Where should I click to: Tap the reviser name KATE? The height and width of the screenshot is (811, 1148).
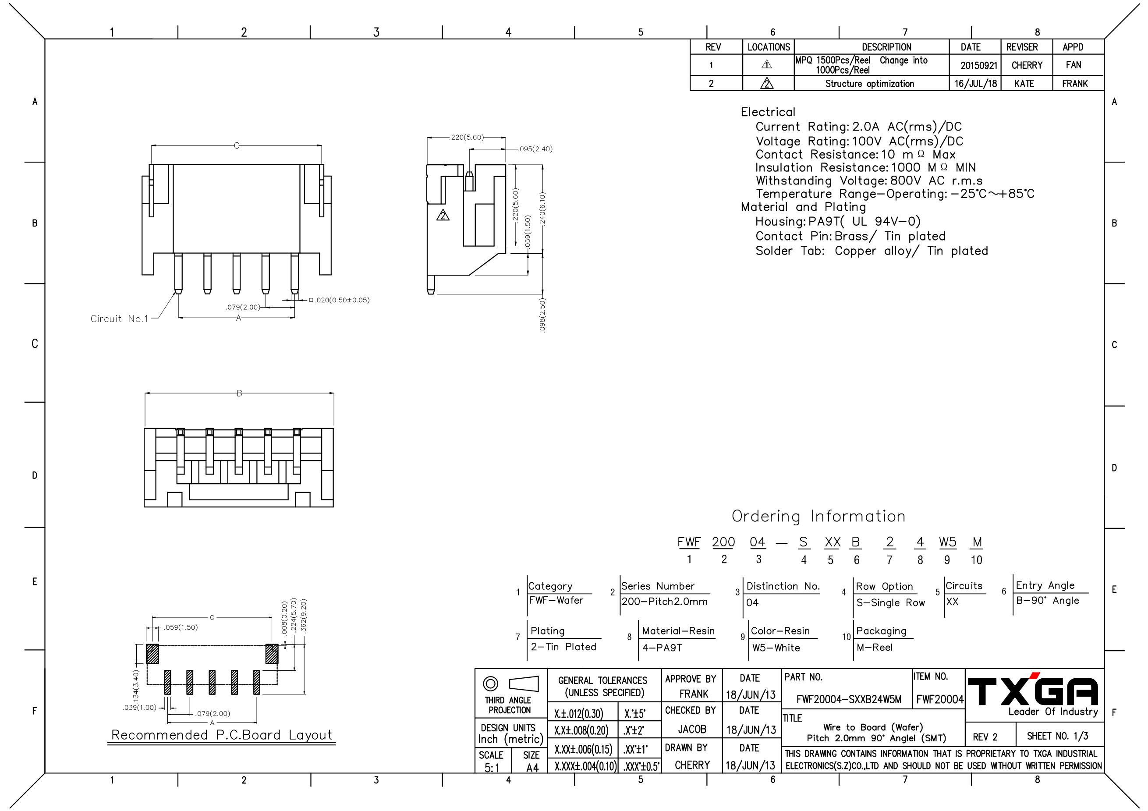coord(1024,84)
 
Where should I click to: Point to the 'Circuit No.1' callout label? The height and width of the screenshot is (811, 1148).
coord(120,319)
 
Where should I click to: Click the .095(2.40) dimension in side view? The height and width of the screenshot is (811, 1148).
coord(535,149)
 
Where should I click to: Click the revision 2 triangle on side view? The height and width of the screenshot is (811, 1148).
coord(443,216)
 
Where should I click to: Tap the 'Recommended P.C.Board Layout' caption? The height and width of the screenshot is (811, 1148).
coord(222,735)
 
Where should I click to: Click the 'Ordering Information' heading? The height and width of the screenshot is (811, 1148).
coord(818,517)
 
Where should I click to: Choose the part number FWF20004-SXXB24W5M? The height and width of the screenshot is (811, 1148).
coord(848,700)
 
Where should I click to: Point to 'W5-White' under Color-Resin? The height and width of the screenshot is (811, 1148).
coord(776,648)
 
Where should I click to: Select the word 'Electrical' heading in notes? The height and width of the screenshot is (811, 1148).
coord(768,112)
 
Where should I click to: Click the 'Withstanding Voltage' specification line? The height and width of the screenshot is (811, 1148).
coord(868,181)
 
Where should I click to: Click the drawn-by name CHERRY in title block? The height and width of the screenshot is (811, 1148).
coord(692,765)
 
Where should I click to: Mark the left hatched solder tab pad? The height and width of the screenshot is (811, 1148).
coord(152,654)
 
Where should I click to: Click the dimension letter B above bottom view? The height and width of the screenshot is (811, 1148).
coord(239,393)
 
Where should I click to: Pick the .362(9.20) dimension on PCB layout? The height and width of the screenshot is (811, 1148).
coord(304,616)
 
